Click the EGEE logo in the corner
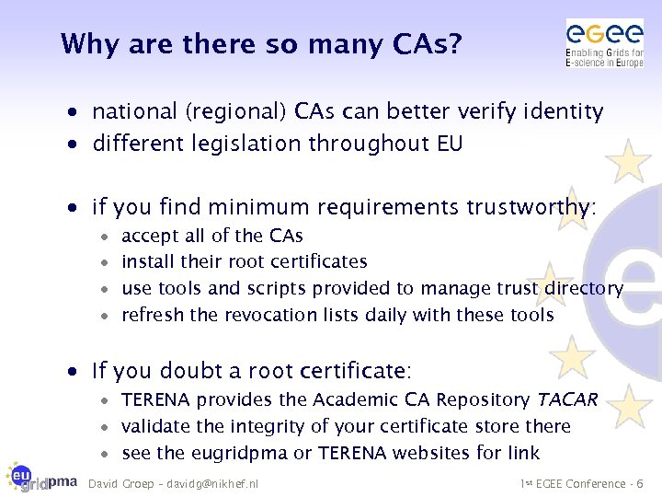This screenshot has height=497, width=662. [x=604, y=43]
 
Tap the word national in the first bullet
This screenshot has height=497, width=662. [x=134, y=112]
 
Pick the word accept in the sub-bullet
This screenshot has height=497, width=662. [x=150, y=237]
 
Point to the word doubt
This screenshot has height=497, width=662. [x=192, y=372]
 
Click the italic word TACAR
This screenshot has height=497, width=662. [x=567, y=400]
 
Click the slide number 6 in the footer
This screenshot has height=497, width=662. [x=640, y=483]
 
